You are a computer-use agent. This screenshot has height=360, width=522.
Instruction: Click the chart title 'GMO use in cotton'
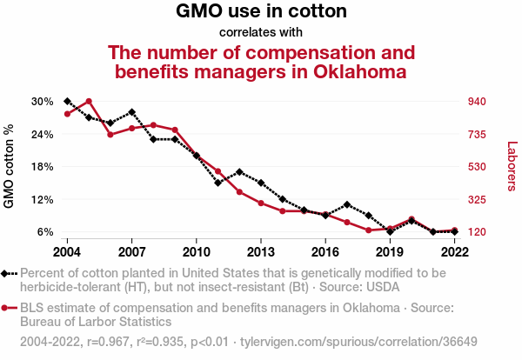[261, 12]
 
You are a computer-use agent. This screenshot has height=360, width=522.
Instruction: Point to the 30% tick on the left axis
[43, 101]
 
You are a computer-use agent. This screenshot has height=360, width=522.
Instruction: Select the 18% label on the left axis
[43, 166]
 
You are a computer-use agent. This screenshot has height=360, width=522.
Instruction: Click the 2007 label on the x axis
[131, 251]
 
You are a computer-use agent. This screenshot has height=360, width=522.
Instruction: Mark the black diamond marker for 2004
[67, 102]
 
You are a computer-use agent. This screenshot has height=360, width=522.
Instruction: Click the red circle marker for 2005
[89, 101]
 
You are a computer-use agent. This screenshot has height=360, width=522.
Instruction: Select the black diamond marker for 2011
[218, 183]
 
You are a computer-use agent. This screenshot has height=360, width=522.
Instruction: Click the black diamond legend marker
[7, 273]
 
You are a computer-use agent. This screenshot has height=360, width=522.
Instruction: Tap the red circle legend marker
[7, 308]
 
